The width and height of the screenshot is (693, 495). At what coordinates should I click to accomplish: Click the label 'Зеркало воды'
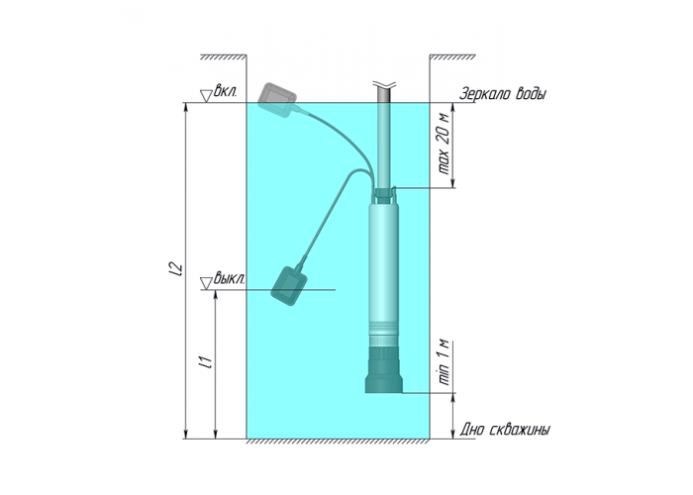(503, 94)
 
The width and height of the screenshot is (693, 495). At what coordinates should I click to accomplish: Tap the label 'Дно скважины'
(505, 430)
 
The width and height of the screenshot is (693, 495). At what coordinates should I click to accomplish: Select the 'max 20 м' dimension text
(444, 145)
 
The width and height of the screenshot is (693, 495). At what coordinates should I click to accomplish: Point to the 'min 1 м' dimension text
(444, 362)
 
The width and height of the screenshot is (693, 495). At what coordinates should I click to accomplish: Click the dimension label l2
(176, 270)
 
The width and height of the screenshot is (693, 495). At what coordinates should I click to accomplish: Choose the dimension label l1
(206, 361)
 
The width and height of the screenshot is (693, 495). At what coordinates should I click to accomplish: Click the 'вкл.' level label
(226, 92)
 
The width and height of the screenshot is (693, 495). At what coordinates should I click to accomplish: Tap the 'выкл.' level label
(229, 279)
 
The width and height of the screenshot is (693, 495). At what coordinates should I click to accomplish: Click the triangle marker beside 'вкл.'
(206, 96)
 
